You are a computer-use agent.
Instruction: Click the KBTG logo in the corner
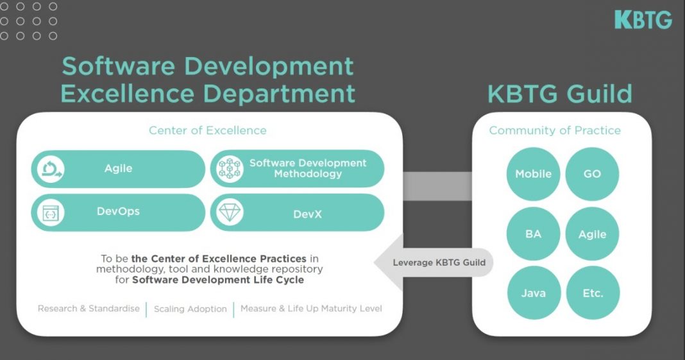[643, 19]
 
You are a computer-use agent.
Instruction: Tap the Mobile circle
[533, 174]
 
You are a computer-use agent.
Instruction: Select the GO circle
[592, 174]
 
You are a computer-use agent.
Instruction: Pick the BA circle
[533, 234]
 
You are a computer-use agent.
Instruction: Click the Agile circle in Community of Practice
[592, 234]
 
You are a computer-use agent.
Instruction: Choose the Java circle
[533, 293]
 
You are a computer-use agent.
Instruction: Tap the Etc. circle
[592, 293]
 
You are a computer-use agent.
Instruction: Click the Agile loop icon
[49, 169]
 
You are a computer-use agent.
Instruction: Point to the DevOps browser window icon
[49, 212]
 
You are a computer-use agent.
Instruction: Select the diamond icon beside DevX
[230, 212]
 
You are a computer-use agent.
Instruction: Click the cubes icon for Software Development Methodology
[230, 169]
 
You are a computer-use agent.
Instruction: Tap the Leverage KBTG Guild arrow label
[439, 262]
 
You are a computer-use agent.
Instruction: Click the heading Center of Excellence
[207, 130]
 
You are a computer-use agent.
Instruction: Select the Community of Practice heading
[555, 130]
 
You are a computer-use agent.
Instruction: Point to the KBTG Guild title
[559, 94]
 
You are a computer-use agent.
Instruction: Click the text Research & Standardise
[89, 309]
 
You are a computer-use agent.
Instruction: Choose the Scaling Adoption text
[190, 309]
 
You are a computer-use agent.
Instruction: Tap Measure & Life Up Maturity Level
[311, 309]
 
